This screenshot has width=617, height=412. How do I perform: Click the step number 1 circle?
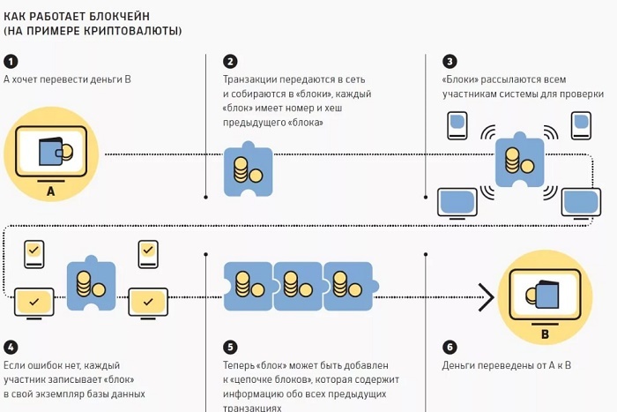click(11, 61)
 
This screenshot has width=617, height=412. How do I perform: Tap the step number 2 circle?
click(230, 61)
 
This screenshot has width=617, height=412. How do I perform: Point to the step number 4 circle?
click(11, 347)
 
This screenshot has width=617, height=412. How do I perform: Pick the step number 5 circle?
click(230, 347)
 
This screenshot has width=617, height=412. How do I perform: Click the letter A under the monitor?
click(50, 191)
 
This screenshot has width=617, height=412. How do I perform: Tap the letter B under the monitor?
click(544, 333)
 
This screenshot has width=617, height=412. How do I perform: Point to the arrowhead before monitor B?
click(484, 297)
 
